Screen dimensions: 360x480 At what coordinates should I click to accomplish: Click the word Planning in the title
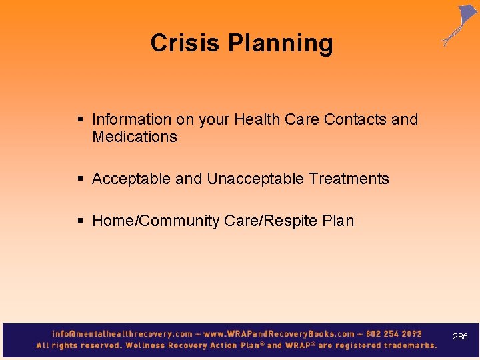pos(281,44)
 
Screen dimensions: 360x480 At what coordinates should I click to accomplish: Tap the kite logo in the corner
pos(460,25)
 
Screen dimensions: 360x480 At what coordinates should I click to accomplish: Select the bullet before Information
pos(80,120)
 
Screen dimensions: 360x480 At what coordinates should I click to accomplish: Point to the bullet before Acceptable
pos(80,179)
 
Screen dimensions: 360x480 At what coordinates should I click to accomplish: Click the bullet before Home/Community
pos(80,221)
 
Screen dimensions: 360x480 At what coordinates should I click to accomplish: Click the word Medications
pos(135,137)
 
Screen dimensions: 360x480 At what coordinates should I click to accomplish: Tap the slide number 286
pos(460,337)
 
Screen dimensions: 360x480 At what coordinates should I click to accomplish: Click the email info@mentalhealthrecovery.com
pos(122,334)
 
